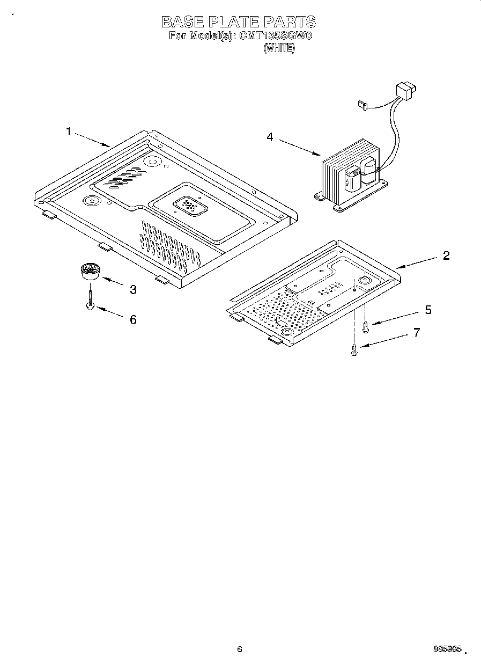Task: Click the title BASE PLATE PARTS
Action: click(x=239, y=21)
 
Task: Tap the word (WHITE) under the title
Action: click(x=279, y=48)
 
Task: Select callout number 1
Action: click(x=68, y=131)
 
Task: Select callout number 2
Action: click(x=446, y=255)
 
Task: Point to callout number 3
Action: click(x=132, y=290)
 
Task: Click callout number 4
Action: click(x=270, y=137)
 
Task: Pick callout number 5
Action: click(x=427, y=310)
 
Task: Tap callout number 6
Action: click(x=132, y=319)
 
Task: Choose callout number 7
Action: click(x=417, y=332)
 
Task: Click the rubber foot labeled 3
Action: click(x=90, y=271)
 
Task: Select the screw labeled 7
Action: click(x=354, y=349)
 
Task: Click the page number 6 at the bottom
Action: click(x=240, y=649)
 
